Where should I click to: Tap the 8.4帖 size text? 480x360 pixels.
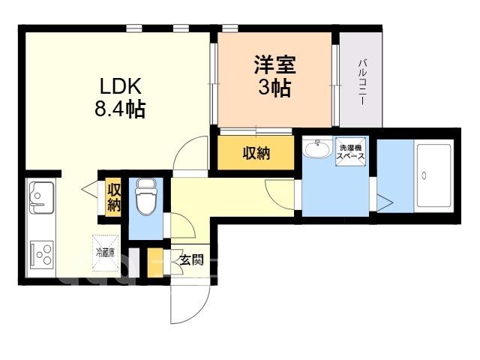coord(120,109)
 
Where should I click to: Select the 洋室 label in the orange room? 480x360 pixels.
coord(274,64)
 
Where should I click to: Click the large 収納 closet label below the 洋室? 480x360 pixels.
coord(256,153)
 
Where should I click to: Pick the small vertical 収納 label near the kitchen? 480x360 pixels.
coord(113,197)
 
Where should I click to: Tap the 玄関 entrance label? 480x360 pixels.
coord(191,260)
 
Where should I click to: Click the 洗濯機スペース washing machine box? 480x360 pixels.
coord(350,151)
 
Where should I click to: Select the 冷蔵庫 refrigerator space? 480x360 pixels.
coord(105,253)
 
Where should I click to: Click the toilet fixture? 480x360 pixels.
coord(146,196)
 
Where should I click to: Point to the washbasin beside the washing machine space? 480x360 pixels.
coord(317,148)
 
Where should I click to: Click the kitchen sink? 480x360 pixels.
coord(41,197)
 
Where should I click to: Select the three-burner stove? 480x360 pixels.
coord(42,255)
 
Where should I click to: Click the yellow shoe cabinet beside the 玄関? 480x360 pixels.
coord(155,262)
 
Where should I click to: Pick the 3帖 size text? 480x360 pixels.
coord(274,88)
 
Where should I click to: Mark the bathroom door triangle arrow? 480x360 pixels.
coord(385,202)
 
